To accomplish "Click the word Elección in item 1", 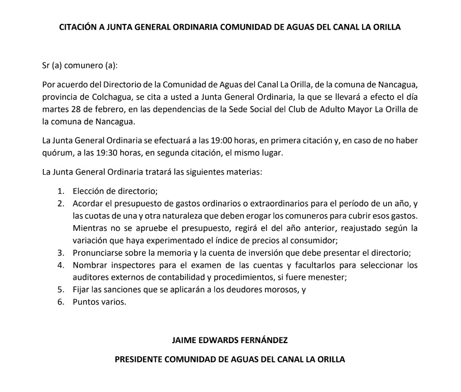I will coord(89,190).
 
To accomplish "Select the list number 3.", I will coord(61,253).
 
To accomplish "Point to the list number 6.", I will coord(61,303).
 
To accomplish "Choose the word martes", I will coord(54,109).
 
